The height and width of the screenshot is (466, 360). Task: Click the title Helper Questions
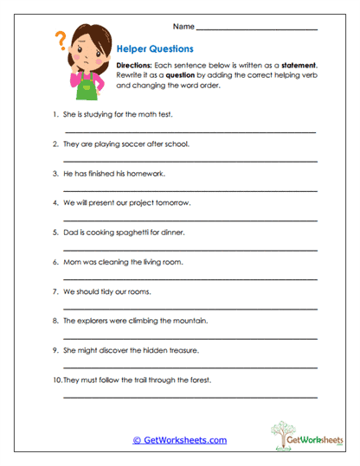(x=155, y=49)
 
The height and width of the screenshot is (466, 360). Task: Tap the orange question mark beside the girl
(x=61, y=40)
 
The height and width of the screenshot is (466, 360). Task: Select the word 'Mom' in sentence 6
(x=72, y=261)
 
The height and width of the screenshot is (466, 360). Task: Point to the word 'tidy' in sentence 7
(x=102, y=291)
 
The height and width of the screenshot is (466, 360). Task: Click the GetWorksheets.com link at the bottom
(x=180, y=440)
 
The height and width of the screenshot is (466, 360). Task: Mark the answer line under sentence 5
(x=190, y=249)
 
